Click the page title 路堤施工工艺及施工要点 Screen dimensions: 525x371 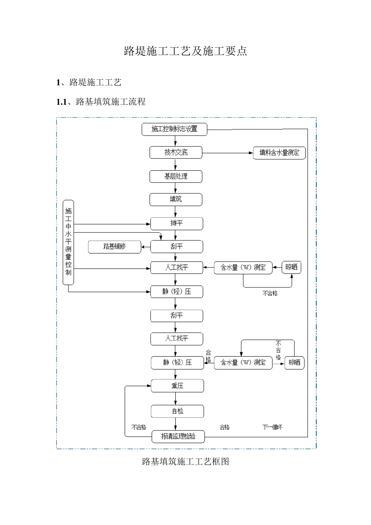pos(185,51)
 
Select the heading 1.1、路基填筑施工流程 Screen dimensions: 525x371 pos(101,102)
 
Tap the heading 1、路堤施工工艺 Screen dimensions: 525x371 pos(89,82)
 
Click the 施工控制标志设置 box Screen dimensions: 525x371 pos(174,129)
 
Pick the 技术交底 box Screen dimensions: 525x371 pos(176,153)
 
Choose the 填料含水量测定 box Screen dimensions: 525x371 pos(279,153)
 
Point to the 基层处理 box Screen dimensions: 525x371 pos(176,177)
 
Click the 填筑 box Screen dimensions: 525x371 pos(176,200)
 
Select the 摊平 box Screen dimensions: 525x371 pos(177,223)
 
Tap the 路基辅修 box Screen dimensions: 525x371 pos(114,247)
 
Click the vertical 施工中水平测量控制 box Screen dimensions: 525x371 pos(68,242)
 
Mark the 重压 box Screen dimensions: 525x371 pos(177,386)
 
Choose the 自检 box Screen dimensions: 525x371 pos(177,411)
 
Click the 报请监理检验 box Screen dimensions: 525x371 pos(178,436)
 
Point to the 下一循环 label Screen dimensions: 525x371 pos(272,427)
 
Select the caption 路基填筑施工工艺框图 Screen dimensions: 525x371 pos(185,462)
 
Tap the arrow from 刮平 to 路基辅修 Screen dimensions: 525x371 pos(146,247)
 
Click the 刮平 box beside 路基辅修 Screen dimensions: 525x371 pos(177,247)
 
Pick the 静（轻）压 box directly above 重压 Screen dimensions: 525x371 pos(177,363)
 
